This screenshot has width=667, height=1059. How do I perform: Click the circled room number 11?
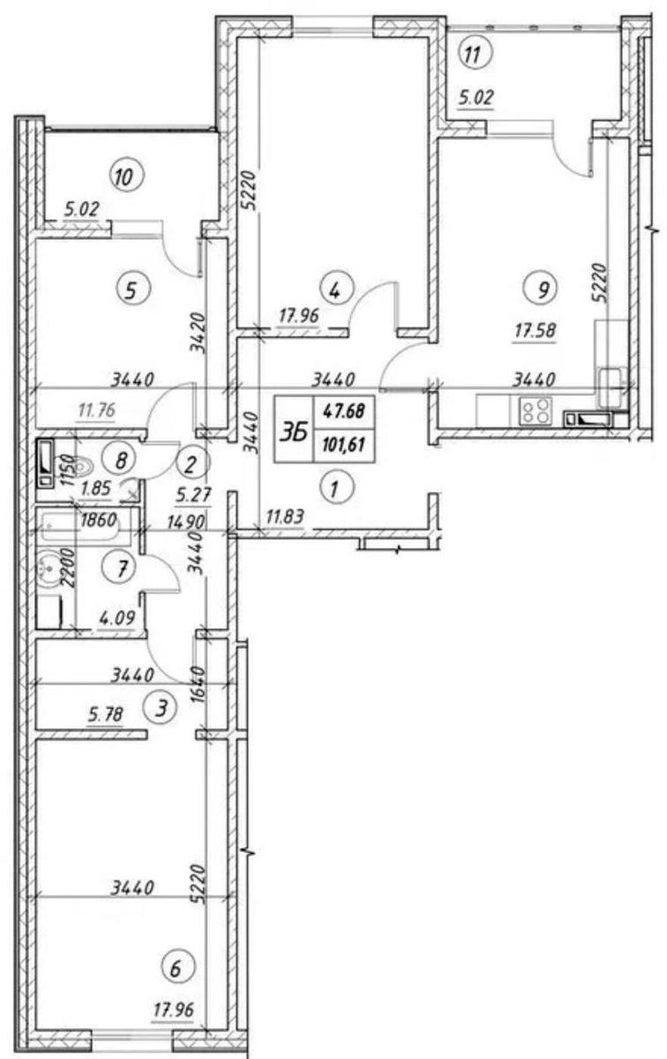475,55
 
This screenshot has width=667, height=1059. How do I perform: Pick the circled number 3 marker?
161,708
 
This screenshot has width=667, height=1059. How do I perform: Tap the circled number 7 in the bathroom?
122,567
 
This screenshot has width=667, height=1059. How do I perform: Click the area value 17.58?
536,330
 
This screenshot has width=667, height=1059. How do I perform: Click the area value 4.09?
117,618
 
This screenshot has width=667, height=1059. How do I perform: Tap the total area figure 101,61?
345,445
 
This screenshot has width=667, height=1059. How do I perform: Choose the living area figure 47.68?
344,411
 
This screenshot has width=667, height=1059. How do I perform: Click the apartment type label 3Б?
294,432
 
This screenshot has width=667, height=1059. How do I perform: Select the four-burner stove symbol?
536,411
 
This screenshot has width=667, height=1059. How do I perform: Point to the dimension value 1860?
98,521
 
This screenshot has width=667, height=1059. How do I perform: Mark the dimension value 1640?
199,685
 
